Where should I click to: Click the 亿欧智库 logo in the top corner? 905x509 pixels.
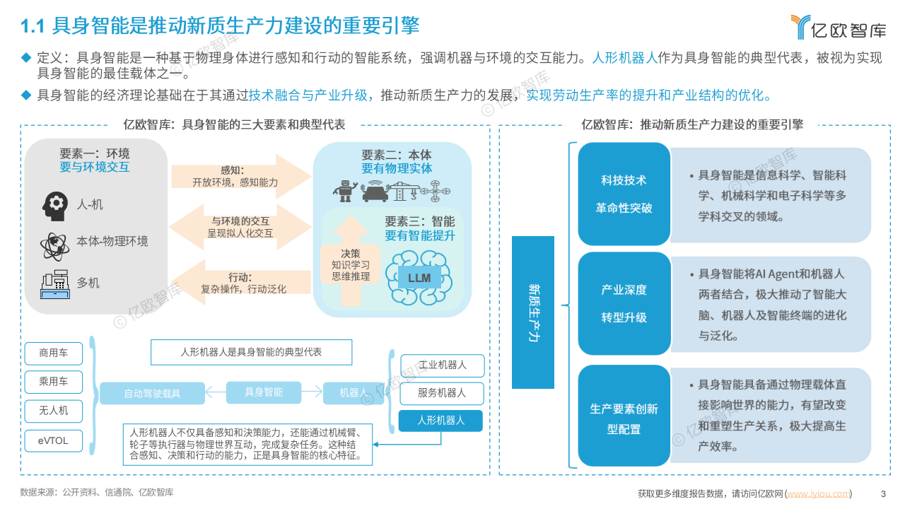tap(838, 27)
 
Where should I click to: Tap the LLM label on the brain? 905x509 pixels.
tap(419, 278)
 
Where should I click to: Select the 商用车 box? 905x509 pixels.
tap(54, 353)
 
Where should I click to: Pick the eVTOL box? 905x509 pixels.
tap(54, 440)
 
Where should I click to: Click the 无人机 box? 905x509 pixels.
tap(54, 411)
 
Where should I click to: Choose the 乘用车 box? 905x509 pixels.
tap(54, 382)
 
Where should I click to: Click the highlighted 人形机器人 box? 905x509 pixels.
tap(441, 421)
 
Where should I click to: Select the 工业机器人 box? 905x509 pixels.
tap(443, 365)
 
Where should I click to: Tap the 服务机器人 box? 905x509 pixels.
tap(443, 393)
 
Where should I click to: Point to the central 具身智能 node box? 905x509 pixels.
tap(263, 392)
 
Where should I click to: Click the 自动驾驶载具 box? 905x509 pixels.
tap(152, 393)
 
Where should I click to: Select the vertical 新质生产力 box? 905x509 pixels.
tap(534, 312)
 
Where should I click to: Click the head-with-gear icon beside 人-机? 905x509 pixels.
tap(55, 205)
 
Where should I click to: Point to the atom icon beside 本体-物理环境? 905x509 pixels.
tap(54, 244)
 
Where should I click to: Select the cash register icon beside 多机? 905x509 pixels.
tap(54, 283)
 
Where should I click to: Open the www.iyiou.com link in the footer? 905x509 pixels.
tap(819, 493)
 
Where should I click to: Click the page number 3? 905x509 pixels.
tap(882, 493)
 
